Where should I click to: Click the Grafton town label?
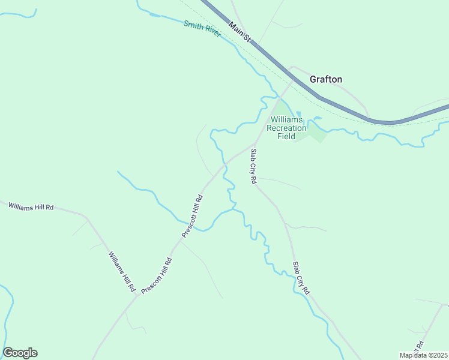[326, 79]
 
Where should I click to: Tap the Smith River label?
[202, 28]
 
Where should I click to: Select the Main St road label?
[239, 32]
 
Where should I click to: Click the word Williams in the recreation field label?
[287, 119]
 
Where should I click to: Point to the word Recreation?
[286, 128]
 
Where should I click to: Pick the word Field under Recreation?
[286, 136]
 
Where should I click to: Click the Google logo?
[20, 353]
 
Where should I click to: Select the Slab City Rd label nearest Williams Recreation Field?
[253, 166]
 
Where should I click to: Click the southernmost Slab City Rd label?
[300, 277]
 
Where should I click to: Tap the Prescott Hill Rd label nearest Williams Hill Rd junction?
[157, 276]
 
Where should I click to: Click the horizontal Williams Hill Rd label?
[31, 206]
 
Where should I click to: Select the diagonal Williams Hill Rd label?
[121, 272]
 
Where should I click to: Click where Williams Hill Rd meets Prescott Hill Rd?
[137, 297]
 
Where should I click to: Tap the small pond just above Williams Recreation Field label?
[298, 114]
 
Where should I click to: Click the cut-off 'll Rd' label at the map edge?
[420, 347]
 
